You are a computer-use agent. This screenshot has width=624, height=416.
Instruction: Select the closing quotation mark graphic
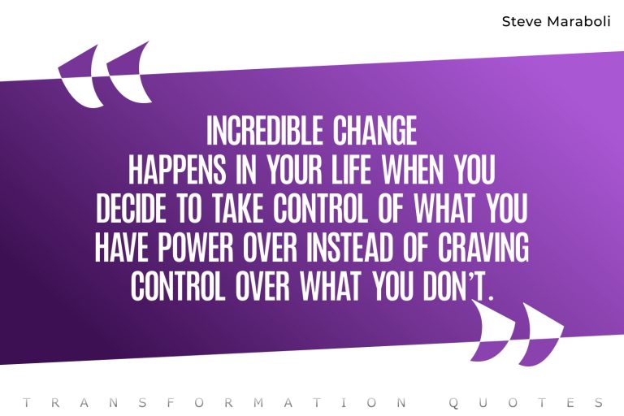coord(517,333)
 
